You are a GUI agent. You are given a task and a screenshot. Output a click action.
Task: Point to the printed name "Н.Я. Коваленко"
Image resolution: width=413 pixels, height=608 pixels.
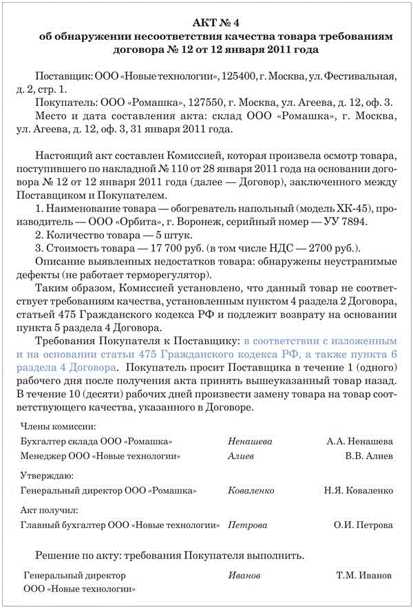(x=359, y=491)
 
